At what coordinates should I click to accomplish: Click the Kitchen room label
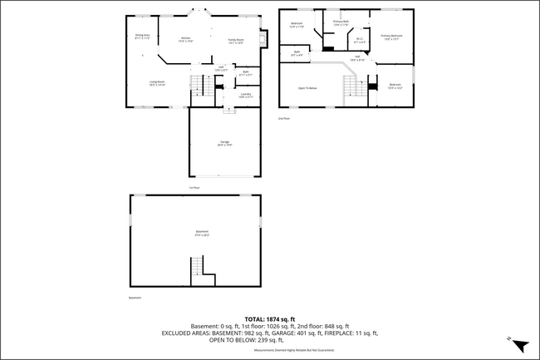[x=187, y=39]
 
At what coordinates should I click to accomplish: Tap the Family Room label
[x=236, y=39]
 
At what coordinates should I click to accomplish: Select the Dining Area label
[x=143, y=36]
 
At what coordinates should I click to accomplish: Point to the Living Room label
[x=157, y=82]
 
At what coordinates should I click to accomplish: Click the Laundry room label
[x=246, y=96]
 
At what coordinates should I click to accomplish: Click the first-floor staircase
[x=197, y=84]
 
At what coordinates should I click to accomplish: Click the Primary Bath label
[x=341, y=22]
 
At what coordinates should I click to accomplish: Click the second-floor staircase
[x=352, y=86]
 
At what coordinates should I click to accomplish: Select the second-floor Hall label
[x=357, y=58]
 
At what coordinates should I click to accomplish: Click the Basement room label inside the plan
[x=202, y=232]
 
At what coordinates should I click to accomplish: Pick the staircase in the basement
[x=198, y=267]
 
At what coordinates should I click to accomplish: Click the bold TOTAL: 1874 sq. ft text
[x=270, y=318]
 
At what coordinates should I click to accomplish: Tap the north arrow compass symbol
[x=519, y=345]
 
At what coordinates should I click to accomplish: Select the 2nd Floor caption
[x=284, y=118]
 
